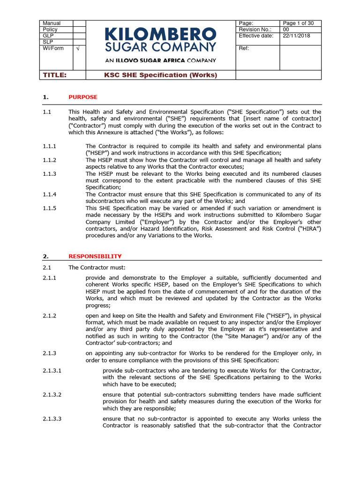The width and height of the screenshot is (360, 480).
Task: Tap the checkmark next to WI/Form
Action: [x=78, y=49]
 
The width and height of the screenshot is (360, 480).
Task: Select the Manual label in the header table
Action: [x=52, y=23]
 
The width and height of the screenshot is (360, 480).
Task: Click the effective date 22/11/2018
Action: [x=294, y=36]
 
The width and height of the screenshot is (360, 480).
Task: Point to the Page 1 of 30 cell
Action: [x=299, y=23]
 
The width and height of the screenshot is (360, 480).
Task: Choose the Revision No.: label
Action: [x=256, y=30]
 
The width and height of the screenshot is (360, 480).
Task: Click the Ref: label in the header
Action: [x=244, y=48]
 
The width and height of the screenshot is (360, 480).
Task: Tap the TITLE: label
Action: [x=55, y=75]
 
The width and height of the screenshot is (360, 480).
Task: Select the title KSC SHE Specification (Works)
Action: [x=160, y=75]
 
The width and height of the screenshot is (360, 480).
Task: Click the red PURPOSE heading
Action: [x=83, y=97]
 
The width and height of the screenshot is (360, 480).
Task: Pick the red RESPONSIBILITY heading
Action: [x=95, y=256]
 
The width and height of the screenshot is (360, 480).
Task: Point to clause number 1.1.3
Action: [x=50, y=174]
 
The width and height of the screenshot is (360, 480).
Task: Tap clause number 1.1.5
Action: [x=50, y=208]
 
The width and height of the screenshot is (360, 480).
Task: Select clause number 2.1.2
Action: [x=50, y=316]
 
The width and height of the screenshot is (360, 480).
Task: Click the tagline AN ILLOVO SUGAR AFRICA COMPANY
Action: [x=160, y=60]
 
